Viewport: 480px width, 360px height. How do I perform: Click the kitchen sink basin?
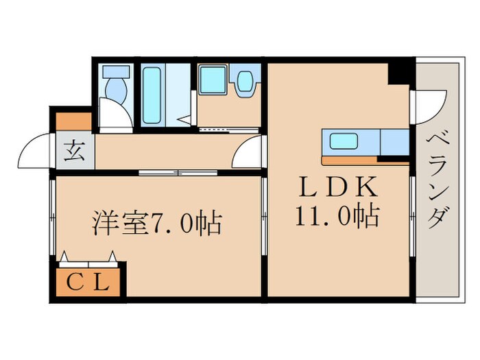click(x=343, y=142)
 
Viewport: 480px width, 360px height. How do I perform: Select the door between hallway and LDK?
click(x=248, y=152)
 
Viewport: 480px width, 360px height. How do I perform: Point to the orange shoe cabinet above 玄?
click(x=73, y=121)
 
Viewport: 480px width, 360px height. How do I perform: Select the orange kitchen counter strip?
click(x=350, y=161)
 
